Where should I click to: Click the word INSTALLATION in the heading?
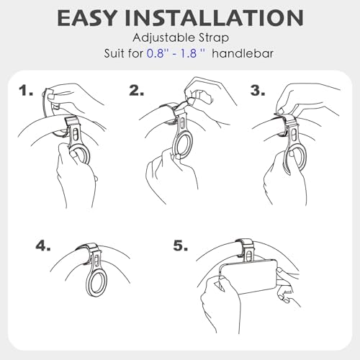point(214,18)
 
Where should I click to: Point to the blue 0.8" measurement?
point(156,53)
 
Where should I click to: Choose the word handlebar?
point(243,53)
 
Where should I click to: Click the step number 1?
point(26,91)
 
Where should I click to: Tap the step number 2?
point(137,91)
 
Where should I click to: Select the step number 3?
point(258,91)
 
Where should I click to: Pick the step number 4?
point(43,246)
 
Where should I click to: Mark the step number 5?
point(181,246)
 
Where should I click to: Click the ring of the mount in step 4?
point(87,284)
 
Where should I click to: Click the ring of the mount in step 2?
point(174,149)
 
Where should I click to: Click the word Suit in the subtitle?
point(114,53)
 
